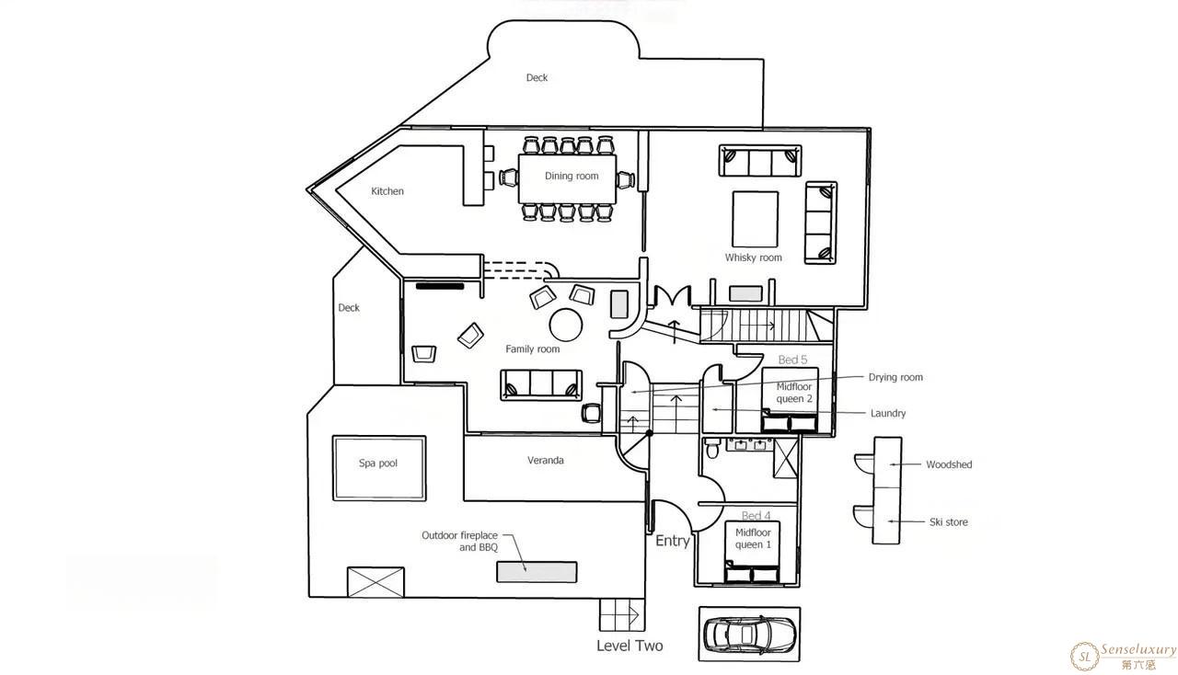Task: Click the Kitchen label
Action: (387, 191)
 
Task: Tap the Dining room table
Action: (567, 178)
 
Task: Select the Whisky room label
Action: (753, 257)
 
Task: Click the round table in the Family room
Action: (566, 325)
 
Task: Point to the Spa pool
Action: (379, 468)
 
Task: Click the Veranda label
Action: (546, 461)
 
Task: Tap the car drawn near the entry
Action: (749, 635)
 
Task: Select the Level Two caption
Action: (629, 646)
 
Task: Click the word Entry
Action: (673, 541)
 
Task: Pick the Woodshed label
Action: (949, 464)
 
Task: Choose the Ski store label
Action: (948, 522)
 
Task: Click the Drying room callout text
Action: (895, 377)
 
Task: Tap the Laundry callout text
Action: (888, 413)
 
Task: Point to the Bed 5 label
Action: (792, 360)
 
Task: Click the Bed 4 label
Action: (756, 516)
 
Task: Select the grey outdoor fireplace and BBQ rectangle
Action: (537, 572)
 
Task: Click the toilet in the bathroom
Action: (712, 449)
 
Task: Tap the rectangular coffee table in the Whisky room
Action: (755, 219)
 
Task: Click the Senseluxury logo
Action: (1124, 656)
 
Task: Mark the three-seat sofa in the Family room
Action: (541, 384)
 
